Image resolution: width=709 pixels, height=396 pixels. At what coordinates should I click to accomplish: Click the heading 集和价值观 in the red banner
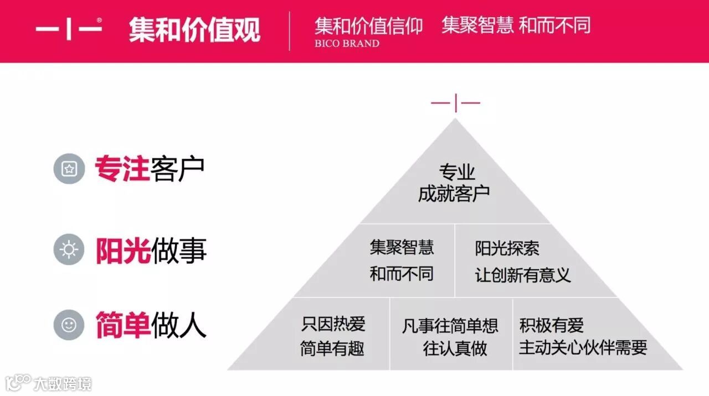(x=194, y=29)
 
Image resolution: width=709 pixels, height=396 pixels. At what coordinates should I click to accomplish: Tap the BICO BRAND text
(x=347, y=44)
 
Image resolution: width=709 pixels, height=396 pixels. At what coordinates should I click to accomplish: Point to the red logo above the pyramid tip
(x=455, y=103)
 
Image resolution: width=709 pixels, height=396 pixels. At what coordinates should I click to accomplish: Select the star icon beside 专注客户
(x=69, y=169)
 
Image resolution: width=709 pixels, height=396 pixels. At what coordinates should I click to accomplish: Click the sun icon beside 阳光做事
(x=69, y=249)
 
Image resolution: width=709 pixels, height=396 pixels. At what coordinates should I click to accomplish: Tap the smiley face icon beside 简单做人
(x=69, y=325)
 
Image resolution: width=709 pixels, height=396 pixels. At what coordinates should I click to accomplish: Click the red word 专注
(x=122, y=169)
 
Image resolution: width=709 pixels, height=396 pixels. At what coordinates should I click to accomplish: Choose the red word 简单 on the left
(x=122, y=325)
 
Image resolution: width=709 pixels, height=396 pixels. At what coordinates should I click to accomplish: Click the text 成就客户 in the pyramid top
(x=454, y=194)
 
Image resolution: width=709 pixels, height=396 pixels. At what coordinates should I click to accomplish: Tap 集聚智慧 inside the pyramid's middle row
(x=402, y=247)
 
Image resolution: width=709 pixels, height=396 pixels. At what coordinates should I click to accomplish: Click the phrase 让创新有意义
(x=522, y=275)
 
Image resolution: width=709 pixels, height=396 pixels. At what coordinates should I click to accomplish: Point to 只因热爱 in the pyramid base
(x=333, y=324)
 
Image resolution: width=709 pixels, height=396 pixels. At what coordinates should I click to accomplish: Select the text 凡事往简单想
(x=450, y=325)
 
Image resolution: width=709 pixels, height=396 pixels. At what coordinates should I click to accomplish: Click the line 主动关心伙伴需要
(x=583, y=347)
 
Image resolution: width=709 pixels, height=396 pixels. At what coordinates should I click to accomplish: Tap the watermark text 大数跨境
(x=62, y=383)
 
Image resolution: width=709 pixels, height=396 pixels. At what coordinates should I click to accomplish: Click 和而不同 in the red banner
(x=555, y=25)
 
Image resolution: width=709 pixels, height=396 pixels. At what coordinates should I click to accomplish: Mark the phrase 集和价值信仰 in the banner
(x=368, y=25)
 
